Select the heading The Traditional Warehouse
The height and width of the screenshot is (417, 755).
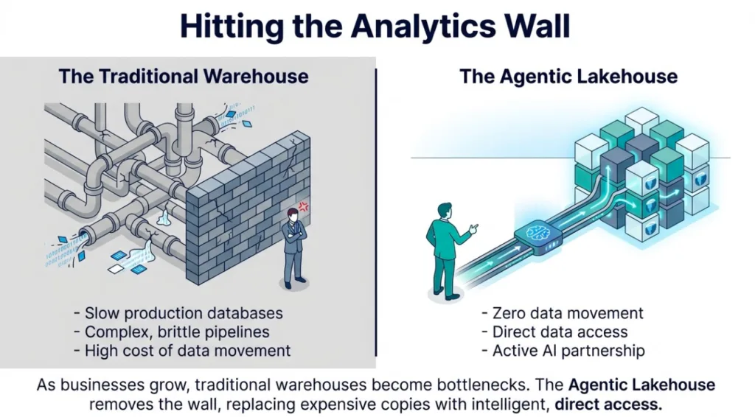click(184, 76)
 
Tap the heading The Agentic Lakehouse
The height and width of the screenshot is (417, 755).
click(568, 76)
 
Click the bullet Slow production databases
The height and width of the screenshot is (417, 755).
click(184, 313)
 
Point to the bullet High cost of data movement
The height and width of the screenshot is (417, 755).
click(187, 350)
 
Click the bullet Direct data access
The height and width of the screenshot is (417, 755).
click(560, 332)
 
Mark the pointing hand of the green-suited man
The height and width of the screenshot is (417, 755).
click(474, 228)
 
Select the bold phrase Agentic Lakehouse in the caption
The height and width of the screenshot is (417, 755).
click(641, 385)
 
